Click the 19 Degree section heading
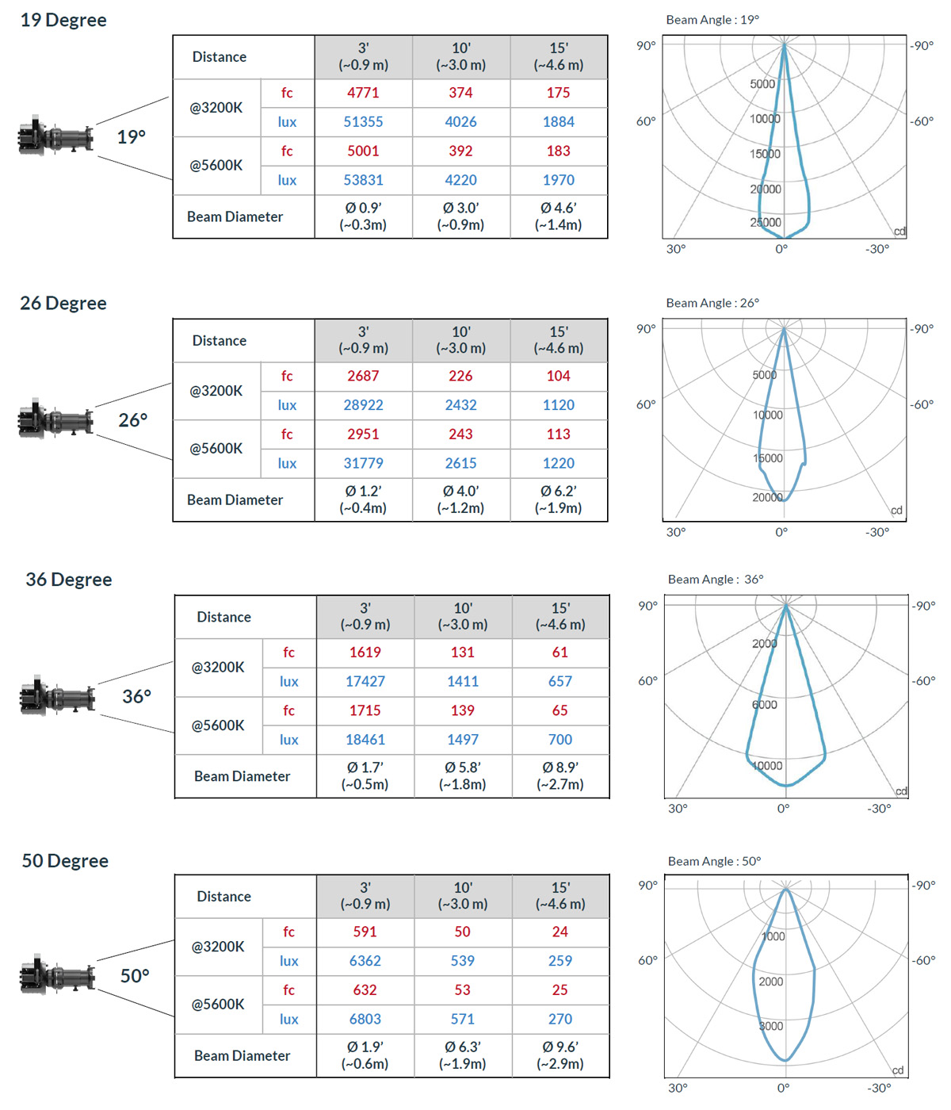pyautogui.click(x=63, y=20)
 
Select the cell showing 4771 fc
pyautogui.click(x=363, y=93)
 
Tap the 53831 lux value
pyautogui.click(x=363, y=180)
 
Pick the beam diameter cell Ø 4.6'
pyautogui.click(x=558, y=216)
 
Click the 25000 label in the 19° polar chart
pyautogui.click(x=766, y=223)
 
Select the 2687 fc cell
pyautogui.click(x=363, y=376)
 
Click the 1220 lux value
pyautogui.click(x=558, y=463)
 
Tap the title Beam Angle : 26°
pyautogui.click(x=712, y=303)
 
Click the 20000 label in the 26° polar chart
pyautogui.click(x=767, y=497)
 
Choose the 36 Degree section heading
pyautogui.click(x=69, y=580)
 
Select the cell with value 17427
pyautogui.click(x=365, y=681)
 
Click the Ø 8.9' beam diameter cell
pyautogui.click(x=560, y=775)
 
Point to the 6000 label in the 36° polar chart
pyautogui.click(x=765, y=705)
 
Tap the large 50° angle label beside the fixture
pyautogui.click(x=135, y=976)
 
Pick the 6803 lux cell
pyautogui.click(x=365, y=1019)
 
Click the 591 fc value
pyautogui.click(x=365, y=932)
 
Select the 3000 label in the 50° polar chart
pyautogui.click(x=771, y=1026)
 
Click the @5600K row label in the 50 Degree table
pyautogui.click(x=218, y=1005)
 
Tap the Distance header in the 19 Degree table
pyautogui.click(x=220, y=57)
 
